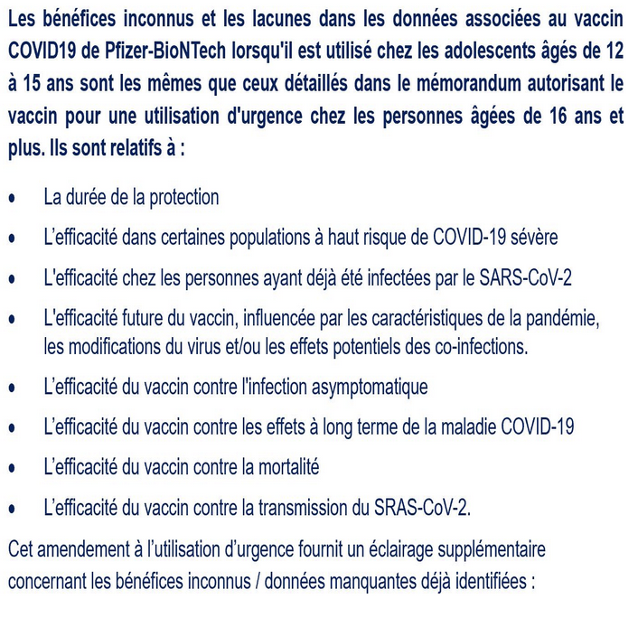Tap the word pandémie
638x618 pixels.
click(559, 319)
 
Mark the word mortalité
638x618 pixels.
click(279, 467)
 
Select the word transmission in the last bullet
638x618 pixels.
click(287, 508)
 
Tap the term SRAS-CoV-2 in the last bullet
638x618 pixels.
click(420, 508)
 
